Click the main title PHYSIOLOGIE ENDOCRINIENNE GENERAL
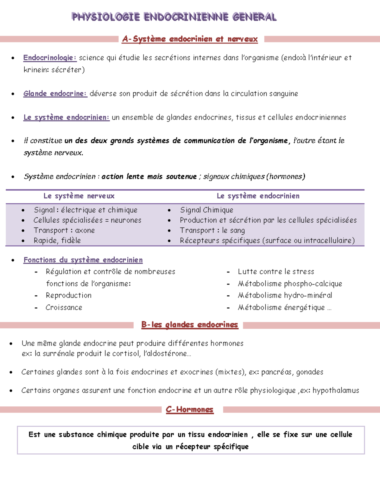pyautogui.click(x=174, y=17)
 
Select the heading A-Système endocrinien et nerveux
pyautogui.click(x=190, y=39)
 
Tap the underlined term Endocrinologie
pyautogui.click(x=49, y=58)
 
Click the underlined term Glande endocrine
pyautogui.click(x=55, y=94)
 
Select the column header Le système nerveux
pyautogui.click(x=79, y=196)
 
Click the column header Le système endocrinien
pyautogui.click(x=258, y=196)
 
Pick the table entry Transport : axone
pyautogui.click(x=64, y=230)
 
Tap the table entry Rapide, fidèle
pyautogui.click(x=57, y=240)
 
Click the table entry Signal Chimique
pyautogui.click(x=206, y=210)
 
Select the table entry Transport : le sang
pyautogui.click(x=212, y=230)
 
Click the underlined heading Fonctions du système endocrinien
pyautogui.click(x=83, y=260)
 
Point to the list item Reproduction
pyautogui.click(x=68, y=295)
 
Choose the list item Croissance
pyautogui.click(x=64, y=307)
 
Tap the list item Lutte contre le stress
pyautogui.click(x=276, y=272)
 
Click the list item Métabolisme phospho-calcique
pyautogui.click(x=290, y=284)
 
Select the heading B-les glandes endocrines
pyautogui.click(x=189, y=325)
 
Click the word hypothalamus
pyautogui.click(x=336, y=390)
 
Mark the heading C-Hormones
pyautogui.click(x=189, y=410)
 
